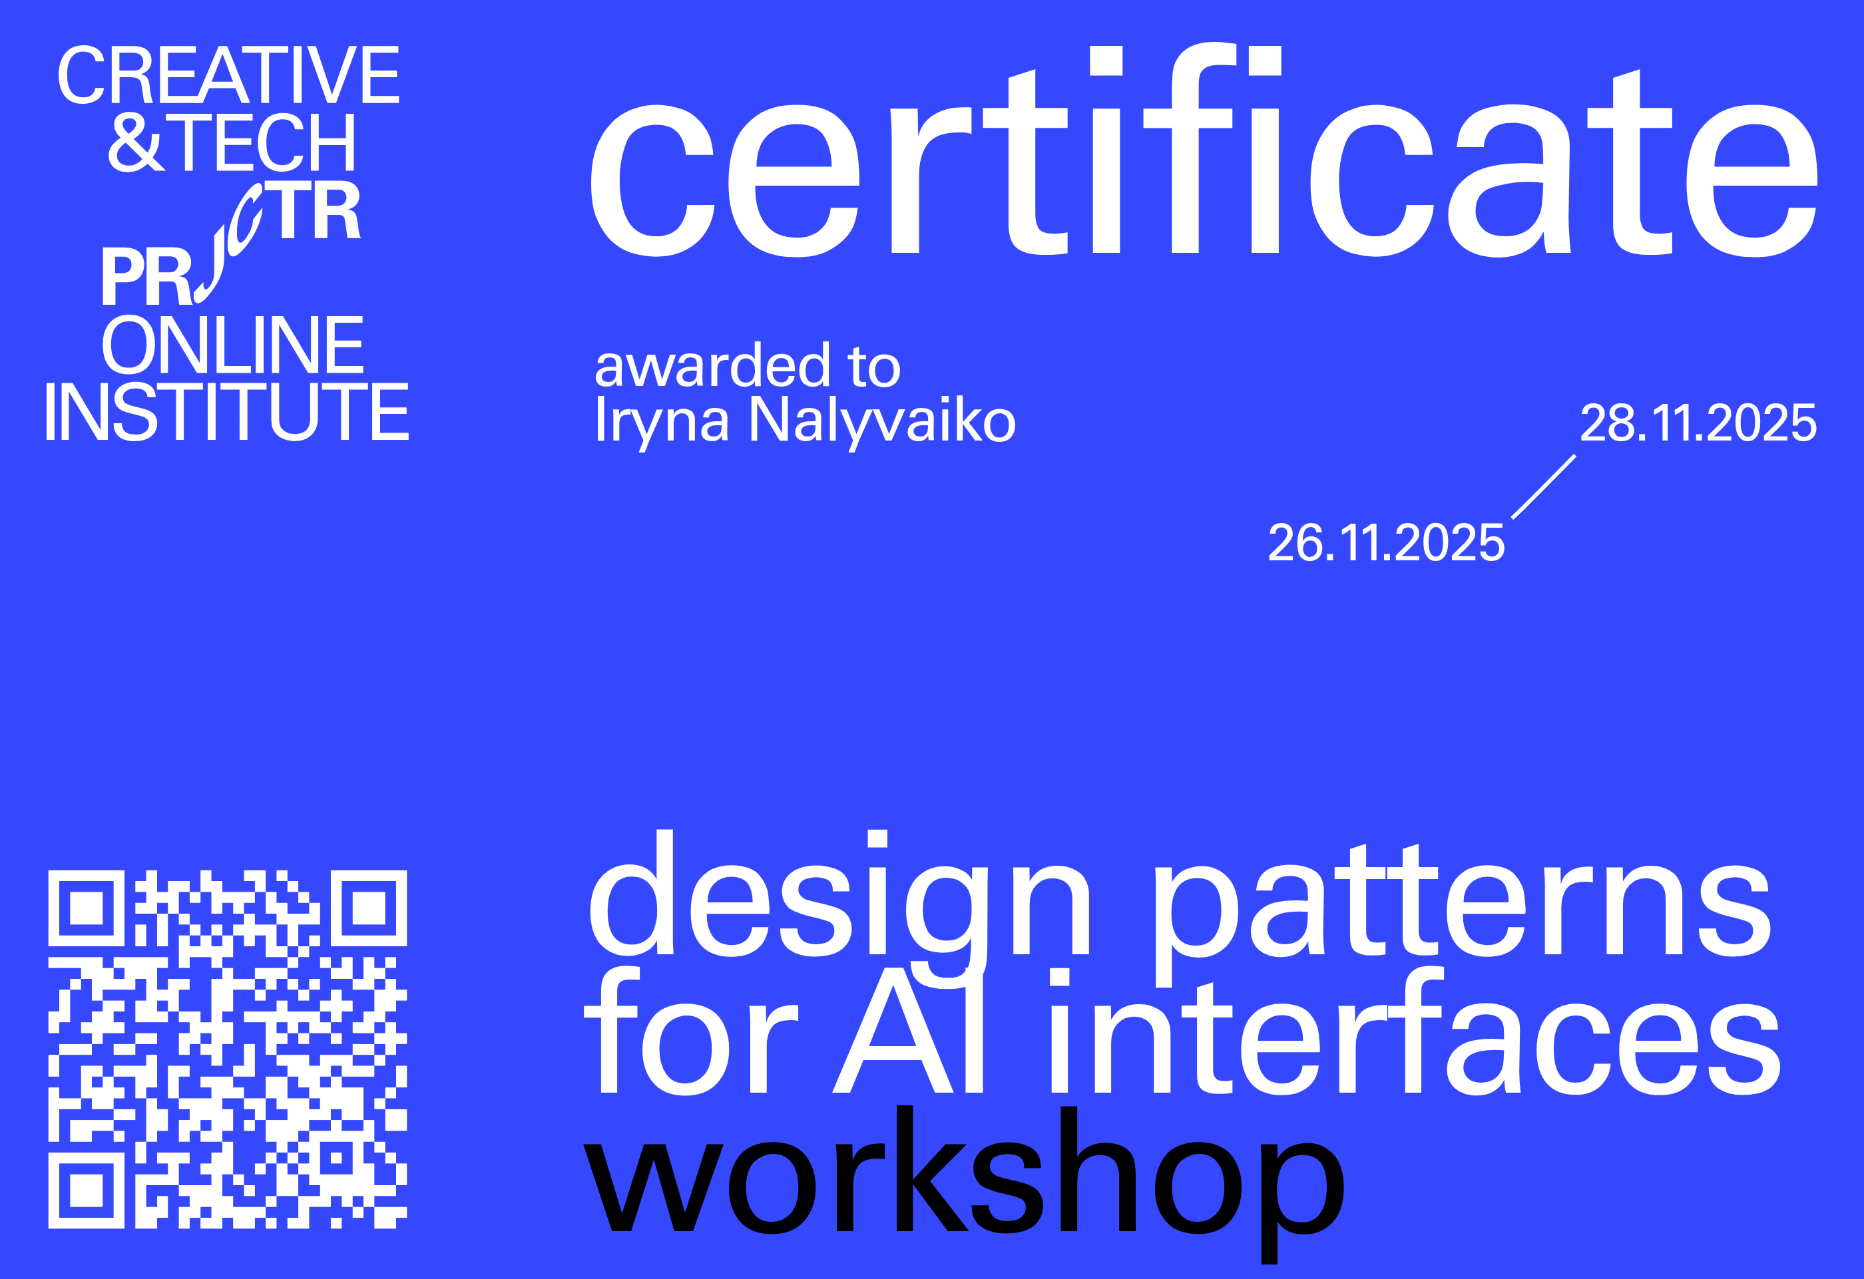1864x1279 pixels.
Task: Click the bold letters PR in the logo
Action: coord(146,277)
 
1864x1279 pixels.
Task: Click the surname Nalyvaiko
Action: coord(881,421)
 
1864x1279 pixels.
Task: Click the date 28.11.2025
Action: coord(1698,423)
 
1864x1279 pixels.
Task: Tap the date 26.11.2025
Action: coord(1386,543)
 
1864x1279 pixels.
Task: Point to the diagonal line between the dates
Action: coord(1544,486)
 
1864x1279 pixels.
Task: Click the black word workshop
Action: coord(963,1175)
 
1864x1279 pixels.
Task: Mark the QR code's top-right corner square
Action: coord(369,908)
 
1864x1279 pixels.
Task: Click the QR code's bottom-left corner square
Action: coord(86,1190)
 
